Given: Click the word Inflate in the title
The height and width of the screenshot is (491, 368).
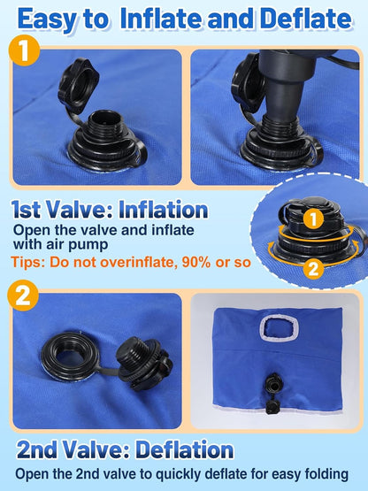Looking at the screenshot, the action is (162, 19).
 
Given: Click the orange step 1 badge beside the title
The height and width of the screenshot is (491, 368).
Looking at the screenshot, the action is (24, 50).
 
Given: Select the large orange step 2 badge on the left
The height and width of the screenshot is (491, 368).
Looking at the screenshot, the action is (23, 295).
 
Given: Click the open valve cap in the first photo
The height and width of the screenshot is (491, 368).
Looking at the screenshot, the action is (79, 85).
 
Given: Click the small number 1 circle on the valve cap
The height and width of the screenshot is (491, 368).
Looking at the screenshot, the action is (313, 219).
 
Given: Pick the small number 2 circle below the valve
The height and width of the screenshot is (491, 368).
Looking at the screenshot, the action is (313, 268).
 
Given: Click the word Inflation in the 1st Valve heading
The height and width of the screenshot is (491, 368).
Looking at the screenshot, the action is (163, 210).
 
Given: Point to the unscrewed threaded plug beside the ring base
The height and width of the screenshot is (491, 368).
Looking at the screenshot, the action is (144, 364).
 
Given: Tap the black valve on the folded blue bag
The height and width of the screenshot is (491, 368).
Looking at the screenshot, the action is (272, 394).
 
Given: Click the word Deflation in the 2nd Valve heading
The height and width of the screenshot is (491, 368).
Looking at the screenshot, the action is (185, 449).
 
